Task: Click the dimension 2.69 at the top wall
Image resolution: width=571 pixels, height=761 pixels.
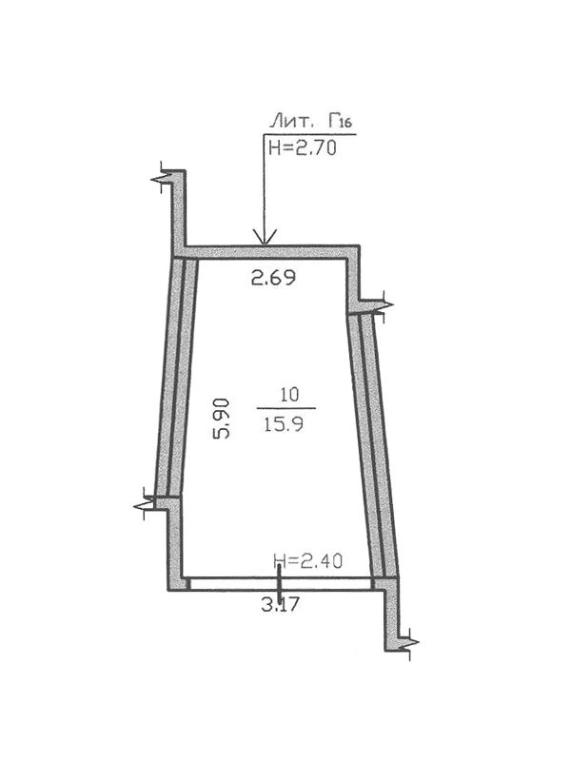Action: pos(273,278)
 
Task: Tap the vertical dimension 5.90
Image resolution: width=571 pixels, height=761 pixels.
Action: pos(221,419)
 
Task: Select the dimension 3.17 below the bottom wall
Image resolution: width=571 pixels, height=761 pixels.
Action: pos(280,605)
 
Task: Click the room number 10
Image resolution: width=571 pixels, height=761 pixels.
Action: pos(289,395)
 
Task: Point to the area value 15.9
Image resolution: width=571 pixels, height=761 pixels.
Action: pos(284,425)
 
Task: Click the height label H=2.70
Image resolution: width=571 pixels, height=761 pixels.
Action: pos(303,147)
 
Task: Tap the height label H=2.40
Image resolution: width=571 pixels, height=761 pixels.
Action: pos(308,561)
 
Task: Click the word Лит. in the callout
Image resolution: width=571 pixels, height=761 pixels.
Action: pos(290,121)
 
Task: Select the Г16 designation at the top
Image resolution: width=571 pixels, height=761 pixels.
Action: pos(339,121)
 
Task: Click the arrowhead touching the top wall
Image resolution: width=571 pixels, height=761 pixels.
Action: pos(264,236)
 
